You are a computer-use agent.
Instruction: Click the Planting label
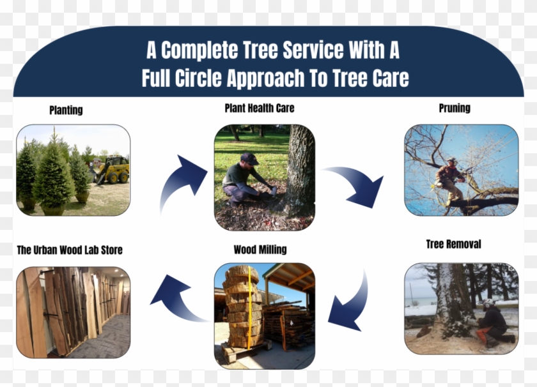tap(66, 110)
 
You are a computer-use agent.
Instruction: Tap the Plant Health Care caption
tap(260, 108)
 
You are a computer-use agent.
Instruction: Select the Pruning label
tap(455, 108)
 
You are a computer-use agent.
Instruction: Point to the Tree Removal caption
tap(453, 244)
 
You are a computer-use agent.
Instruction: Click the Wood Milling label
tap(260, 249)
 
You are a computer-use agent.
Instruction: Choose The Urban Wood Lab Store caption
tap(70, 250)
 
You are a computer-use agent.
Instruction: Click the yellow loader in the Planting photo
tap(113, 171)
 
